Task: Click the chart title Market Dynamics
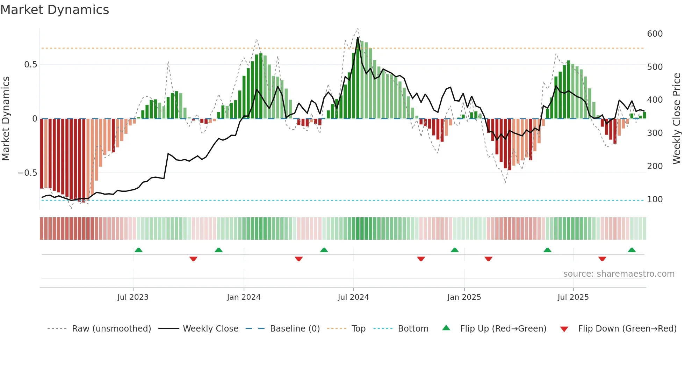click(55, 10)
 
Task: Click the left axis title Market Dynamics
click(6, 118)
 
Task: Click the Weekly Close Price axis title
click(677, 118)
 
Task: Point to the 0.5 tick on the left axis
click(30, 65)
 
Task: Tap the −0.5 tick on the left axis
click(27, 173)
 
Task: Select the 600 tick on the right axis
click(655, 34)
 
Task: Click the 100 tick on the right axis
click(655, 199)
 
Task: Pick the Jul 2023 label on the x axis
click(133, 297)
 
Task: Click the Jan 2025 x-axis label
click(464, 297)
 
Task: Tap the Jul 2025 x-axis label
click(573, 297)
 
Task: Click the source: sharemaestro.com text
click(619, 274)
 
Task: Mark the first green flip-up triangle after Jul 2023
click(138, 250)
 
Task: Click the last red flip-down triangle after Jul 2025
click(602, 259)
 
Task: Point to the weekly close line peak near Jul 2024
click(358, 38)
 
